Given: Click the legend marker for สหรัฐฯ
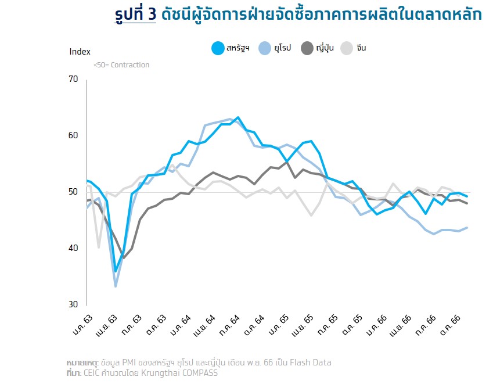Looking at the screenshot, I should (x=218, y=48).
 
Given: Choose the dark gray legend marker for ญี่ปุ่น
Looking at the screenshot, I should (x=307, y=48).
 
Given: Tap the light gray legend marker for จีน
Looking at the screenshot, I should (x=347, y=48).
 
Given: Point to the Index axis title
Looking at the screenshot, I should (x=80, y=51).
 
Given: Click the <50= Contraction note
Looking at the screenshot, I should (x=121, y=65).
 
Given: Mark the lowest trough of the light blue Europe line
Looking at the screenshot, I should (x=116, y=286).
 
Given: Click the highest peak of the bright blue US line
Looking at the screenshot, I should (x=238, y=117).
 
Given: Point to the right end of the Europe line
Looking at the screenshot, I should (x=467, y=228).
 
